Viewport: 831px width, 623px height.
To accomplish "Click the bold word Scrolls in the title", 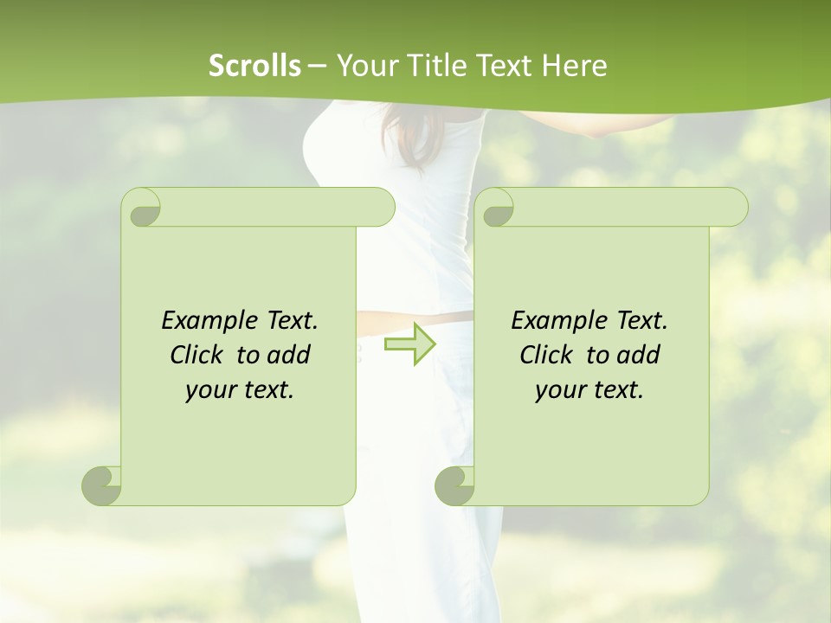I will click(x=254, y=66).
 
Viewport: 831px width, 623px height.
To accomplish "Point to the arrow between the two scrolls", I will click(x=410, y=344).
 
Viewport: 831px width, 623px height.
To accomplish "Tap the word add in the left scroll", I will click(x=289, y=355).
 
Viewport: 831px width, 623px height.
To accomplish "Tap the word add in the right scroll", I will click(x=639, y=355).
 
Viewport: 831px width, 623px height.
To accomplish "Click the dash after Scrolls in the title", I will click(x=317, y=66).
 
